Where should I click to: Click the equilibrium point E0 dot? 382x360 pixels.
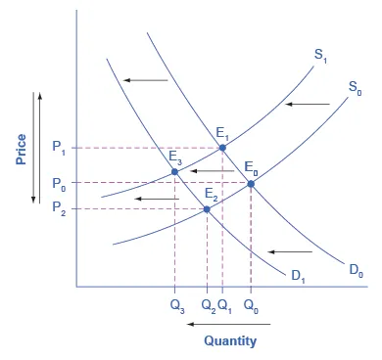click(252, 183)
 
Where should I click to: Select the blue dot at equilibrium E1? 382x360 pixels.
click(222, 148)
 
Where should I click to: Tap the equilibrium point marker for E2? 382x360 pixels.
click(207, 208)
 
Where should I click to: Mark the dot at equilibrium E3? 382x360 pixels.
click(175, 172)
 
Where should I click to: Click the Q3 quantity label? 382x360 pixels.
click(176, 304)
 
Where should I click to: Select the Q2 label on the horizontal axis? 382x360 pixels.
click(207, 304)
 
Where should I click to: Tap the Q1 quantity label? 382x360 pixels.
click(224, 304)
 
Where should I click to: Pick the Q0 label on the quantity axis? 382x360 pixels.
click(252, 304)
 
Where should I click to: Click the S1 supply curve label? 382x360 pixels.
click(321, 57)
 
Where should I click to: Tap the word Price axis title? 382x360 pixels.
click(20, 147)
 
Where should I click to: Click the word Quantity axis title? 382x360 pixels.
click(230, 340)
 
